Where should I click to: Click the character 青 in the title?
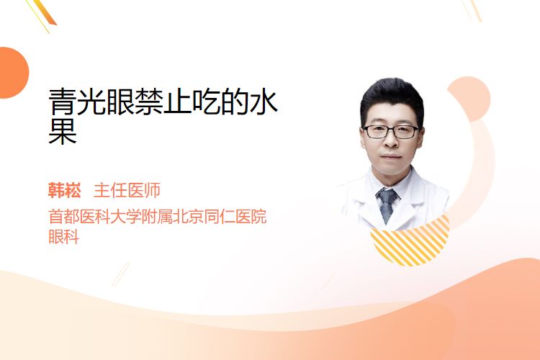63,102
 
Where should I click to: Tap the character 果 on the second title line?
63,131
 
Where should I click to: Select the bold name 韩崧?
64,190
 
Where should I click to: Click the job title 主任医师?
127,190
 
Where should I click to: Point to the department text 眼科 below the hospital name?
63,236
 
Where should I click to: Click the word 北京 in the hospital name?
188,217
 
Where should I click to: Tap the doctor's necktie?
387,205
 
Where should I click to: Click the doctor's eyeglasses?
391,132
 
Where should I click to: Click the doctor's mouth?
391,157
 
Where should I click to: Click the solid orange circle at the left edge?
14,73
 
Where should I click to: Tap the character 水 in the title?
264,102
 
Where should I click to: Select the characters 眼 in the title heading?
120,102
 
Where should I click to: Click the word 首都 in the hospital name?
63,217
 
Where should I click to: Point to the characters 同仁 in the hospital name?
220,217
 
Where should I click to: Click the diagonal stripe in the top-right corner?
472,9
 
